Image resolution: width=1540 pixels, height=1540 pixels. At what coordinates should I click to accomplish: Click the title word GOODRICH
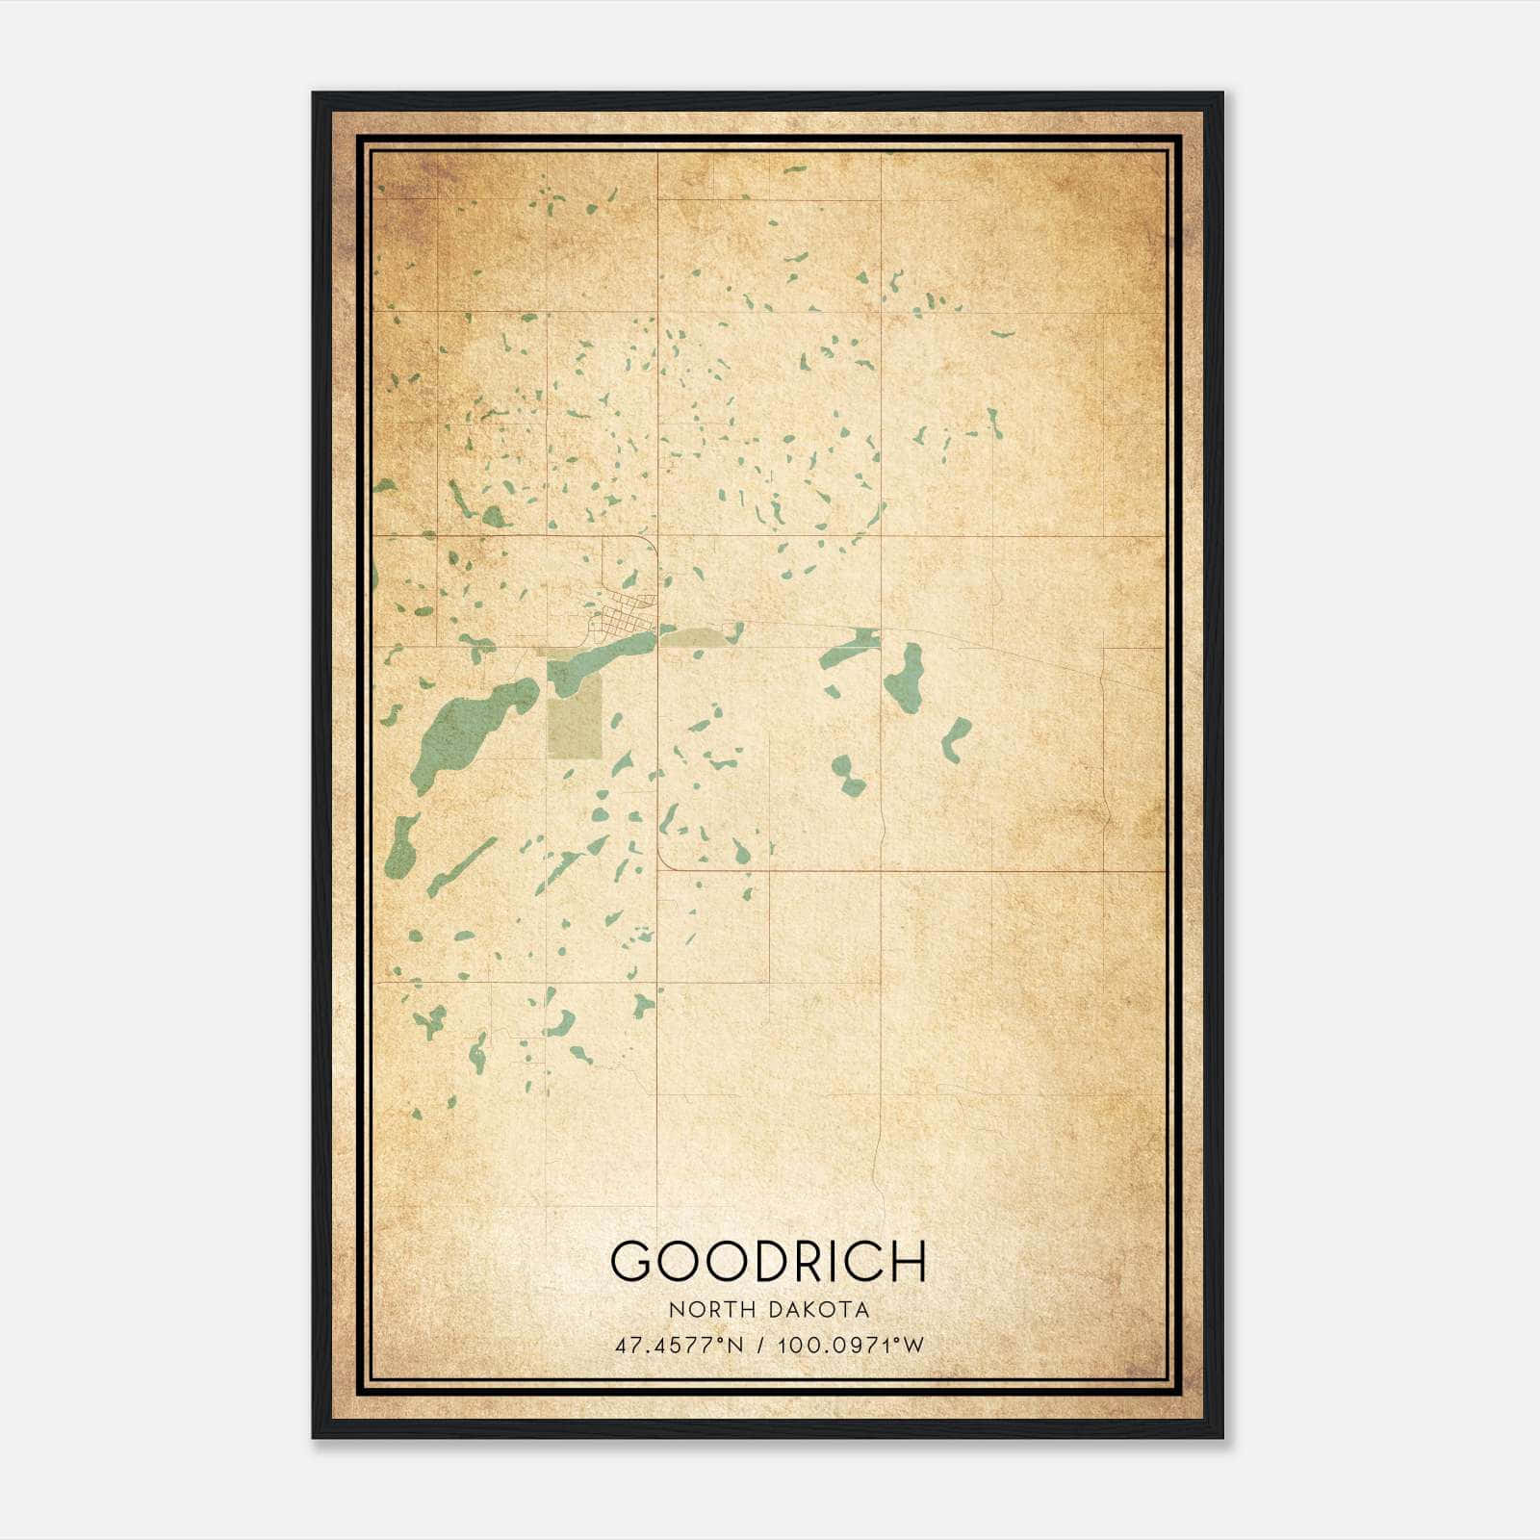pyautogui.click(x=767, y=1261)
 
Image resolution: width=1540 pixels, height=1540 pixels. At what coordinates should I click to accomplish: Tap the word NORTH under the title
pyautogui.click(x=712, y=1310)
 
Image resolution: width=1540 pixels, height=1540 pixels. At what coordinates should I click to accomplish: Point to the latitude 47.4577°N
pyautogui.click(x=680, y=1346)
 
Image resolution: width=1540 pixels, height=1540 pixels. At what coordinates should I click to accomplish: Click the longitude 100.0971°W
pyautogui.click(x=850, y=1346)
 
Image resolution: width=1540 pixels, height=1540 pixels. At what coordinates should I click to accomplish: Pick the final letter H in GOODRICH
pyautogui.click(x=907, y=1261)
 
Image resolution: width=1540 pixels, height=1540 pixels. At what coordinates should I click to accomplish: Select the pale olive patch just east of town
pyautogui.click(x=695, y=637)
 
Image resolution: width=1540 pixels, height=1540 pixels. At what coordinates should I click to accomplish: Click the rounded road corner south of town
pyautogui.click(x=666, y=860)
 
